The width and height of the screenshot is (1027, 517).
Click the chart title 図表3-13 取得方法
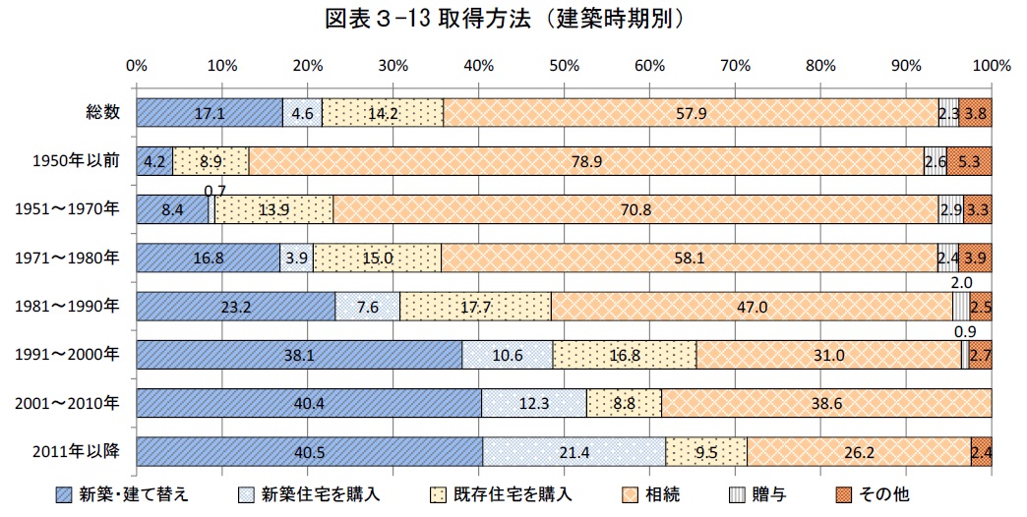(511, 19)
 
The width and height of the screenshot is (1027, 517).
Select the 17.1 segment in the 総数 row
(210, 113)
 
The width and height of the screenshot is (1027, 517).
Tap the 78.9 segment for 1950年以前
(586, 161)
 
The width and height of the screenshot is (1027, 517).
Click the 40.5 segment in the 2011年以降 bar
(310, 451)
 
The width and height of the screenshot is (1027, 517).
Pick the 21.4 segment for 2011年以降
(574, 451)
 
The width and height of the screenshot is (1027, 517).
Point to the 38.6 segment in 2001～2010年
(826, 403)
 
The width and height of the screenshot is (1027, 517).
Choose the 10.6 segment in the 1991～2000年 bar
(508, 355)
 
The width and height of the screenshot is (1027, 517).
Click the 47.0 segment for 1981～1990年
(752, 307)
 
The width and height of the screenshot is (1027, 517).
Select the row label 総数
(102, 113)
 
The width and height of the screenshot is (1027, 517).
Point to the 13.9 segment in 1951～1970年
(273, 209)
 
